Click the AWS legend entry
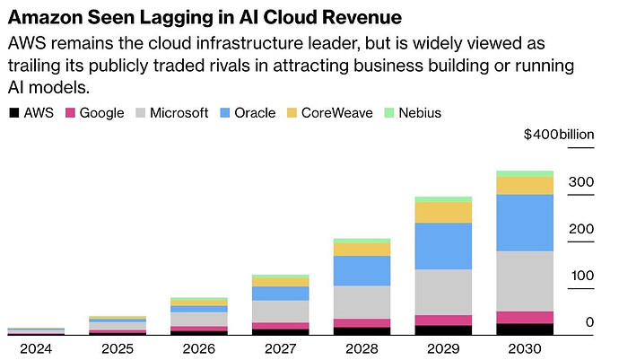31,113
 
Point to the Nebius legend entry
412,113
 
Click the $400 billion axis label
559,135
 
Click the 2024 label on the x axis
35,347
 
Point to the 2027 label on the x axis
280,347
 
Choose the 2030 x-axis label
525,347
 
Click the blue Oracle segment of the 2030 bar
525,223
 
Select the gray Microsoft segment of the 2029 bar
443,292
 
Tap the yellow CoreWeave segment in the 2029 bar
443,212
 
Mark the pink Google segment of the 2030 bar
525,317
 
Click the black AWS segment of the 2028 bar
362,330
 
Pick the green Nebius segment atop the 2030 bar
525,173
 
